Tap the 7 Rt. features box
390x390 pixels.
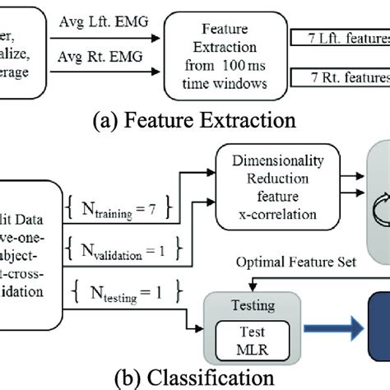click(x=339, y=78)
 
